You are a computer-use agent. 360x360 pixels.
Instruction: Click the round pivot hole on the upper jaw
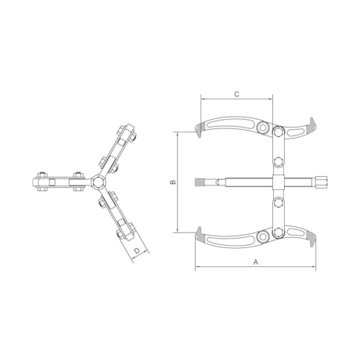coord(261,130)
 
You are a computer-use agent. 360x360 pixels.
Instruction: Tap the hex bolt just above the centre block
coord(278,163)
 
